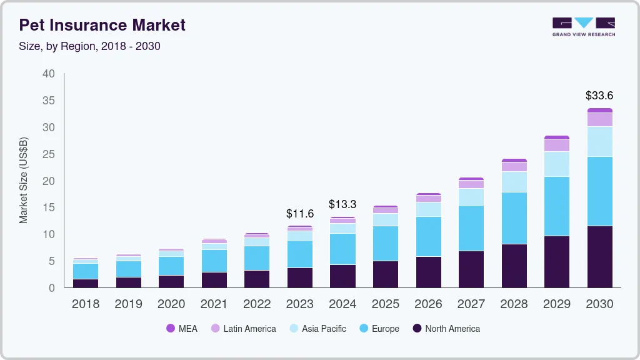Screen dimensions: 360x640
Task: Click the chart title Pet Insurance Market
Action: [102, 26]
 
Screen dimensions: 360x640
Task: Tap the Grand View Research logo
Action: [583, 26]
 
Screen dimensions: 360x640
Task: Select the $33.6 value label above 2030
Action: [599, 96]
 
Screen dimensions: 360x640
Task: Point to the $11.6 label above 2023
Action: [300, 214]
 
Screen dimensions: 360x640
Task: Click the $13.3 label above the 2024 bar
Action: [342, 204]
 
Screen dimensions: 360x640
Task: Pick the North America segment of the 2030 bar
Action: [599, 256]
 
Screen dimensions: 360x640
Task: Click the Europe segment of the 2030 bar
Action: [599, 191]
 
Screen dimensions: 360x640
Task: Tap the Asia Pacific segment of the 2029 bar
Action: [557, 164]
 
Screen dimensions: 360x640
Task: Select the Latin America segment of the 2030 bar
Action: [599, 119]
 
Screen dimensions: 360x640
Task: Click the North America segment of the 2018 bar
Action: [86, 283]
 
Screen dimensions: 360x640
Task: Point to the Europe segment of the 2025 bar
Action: [386, 243]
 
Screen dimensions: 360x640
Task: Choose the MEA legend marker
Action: [171, 329]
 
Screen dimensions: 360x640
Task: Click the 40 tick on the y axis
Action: [49, 74]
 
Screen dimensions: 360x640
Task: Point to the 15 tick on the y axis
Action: [49, 207]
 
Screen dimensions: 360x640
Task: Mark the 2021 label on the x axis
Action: [214, 304]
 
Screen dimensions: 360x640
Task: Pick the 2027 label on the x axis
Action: [471, 304]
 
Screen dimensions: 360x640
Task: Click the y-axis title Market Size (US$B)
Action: [24, 180]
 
